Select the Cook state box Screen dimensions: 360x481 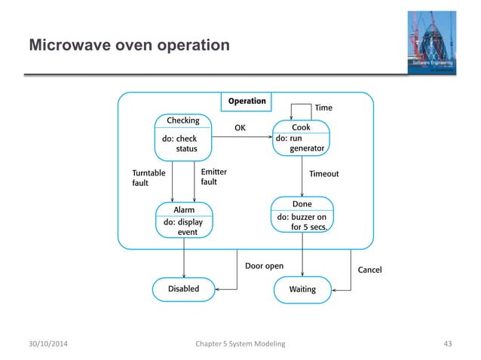302,138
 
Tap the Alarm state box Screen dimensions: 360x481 184,221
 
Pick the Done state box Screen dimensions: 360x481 302,215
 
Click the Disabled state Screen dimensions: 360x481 183,288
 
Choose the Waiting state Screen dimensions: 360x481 302,289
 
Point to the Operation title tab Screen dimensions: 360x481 247,101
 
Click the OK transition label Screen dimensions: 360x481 240,128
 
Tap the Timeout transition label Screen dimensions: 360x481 324,174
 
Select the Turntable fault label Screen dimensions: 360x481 149,178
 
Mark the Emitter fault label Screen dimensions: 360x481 214,177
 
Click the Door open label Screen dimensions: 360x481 265,266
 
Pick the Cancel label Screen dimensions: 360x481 369,270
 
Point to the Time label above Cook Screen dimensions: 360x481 323,108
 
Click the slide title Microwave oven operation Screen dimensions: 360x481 129,46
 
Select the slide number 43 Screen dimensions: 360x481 448,344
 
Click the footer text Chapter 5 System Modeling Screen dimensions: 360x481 240,344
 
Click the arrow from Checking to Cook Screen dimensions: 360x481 241,137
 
